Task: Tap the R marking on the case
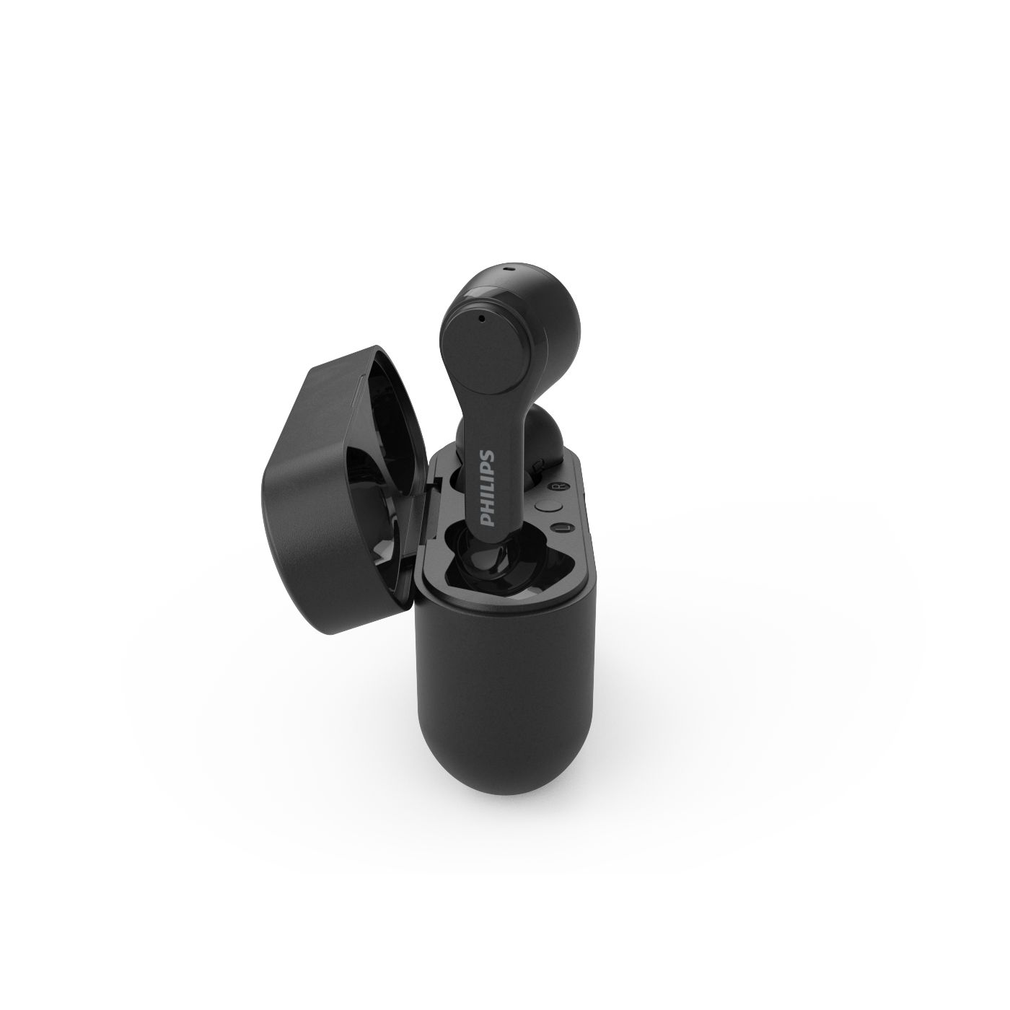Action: tap(560, 487)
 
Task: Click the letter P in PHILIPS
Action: tap(487, 519)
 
